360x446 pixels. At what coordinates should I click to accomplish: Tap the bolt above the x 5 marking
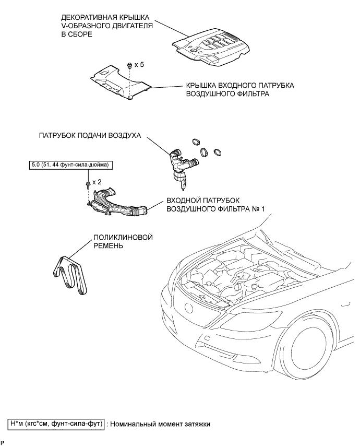128,65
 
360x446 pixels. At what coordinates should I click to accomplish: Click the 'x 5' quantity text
139,65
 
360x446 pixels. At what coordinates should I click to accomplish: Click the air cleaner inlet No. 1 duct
118,205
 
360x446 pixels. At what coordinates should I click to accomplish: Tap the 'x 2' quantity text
97,182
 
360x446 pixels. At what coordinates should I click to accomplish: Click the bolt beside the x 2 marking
86,184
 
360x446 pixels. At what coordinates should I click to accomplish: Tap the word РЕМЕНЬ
108,246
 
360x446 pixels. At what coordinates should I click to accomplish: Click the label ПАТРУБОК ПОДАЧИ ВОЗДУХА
90,135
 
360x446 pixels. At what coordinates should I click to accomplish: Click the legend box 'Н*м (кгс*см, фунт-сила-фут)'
56,424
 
